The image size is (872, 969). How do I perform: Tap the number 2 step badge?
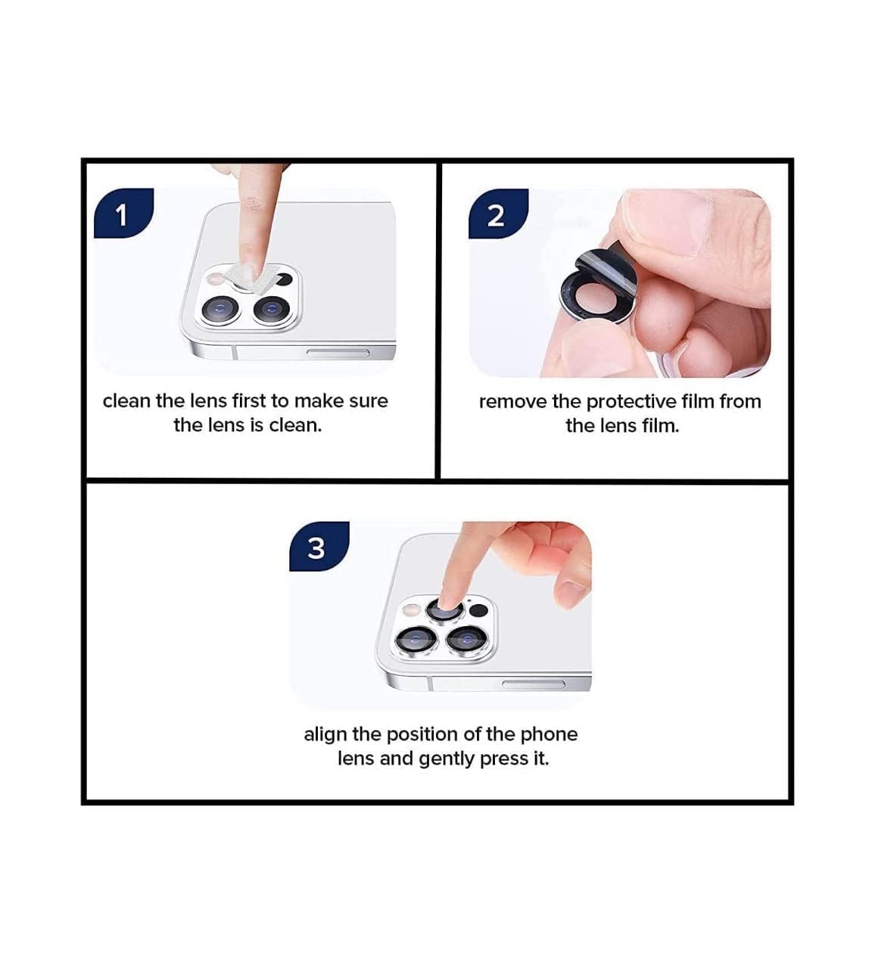click(x=496, y=216)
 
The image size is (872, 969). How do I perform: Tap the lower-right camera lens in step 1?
click(x=271, y=308)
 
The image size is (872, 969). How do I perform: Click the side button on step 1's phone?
click(x=336, y=353)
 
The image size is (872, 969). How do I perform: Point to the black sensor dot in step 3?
click(x=478, y=609)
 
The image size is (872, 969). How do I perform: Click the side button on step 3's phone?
click(x=533, y=685)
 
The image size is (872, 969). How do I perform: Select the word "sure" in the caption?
click(x=369, y=400)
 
